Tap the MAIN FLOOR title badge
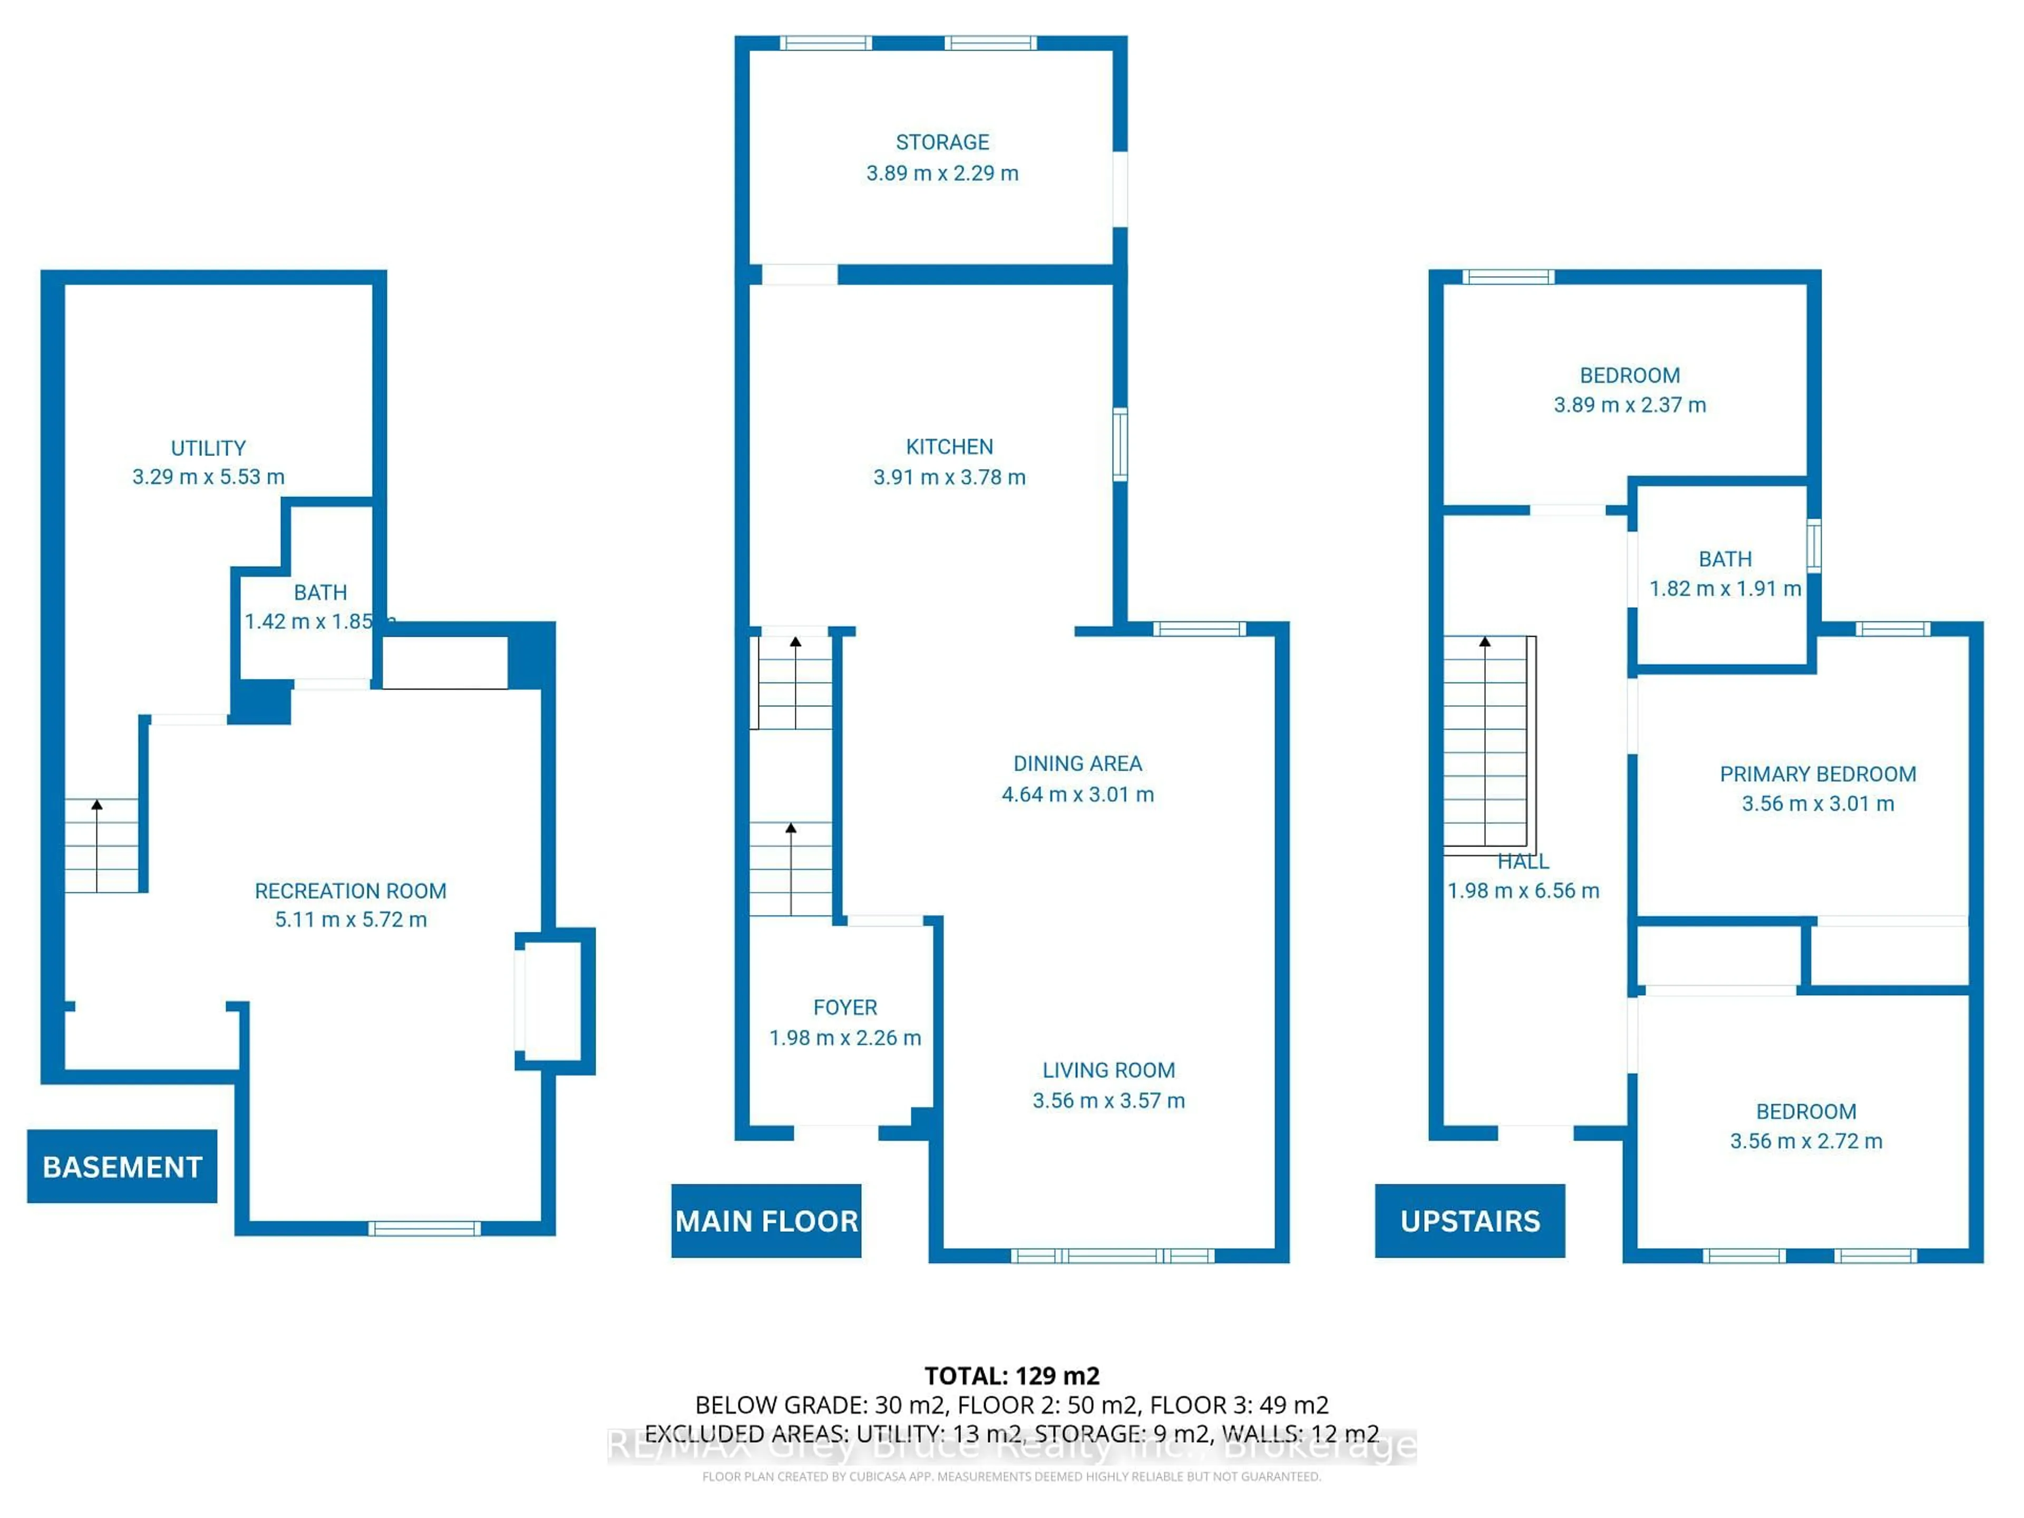point(766,1221)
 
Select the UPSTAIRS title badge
point(1470,1221)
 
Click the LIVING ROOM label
point(1108,1069)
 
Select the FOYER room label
point(844,1007)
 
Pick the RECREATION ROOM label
point(351,890)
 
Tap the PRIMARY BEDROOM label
point(1817,774)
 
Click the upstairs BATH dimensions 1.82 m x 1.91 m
point(1725,588)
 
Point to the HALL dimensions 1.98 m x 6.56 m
point(1523,890)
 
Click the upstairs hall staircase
point(1486,741)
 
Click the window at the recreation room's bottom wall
point(424,1228)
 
